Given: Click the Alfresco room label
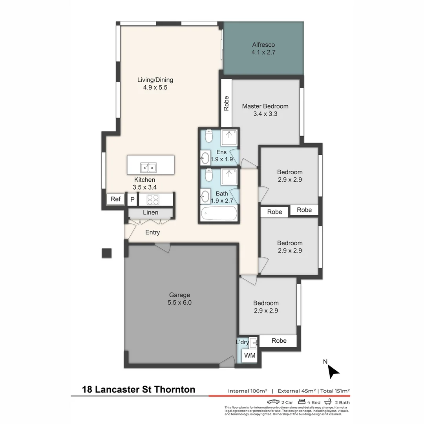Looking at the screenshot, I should pyautogui.click(x=263, y=45).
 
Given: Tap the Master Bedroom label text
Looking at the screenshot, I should pyautogui.click(x=265, y=106).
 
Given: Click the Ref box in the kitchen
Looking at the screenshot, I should pyautogui.click(x=115, y=199).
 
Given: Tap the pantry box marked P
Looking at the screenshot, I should pyautogui.click(x=132, y=199).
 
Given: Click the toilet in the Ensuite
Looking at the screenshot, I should pyautogui.click(x=209, y=136).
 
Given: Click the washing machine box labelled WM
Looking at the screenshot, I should pyautogui.click(x=250, y=356).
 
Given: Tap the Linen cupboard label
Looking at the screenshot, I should pyautogui.click(x=150, y=213).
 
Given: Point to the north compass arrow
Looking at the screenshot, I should pyautogui.click(x=333, y=371).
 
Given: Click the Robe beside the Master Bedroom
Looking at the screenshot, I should pyautogui.click(x=226, y=103).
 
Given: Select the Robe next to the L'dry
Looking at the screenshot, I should pyautogui.click(x=279, y=341).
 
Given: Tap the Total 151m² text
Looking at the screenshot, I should pyautogui.click(x=335, y=391).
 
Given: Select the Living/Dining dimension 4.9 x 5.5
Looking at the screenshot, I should pyautogui.click(x=155, y=88).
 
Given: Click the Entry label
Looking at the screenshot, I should pyautogui.click(x=152, y=232).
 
